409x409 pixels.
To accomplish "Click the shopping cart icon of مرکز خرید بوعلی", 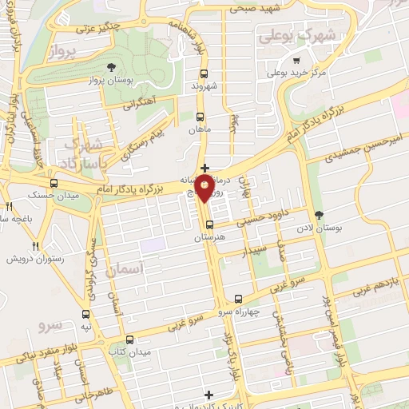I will tap(296, 60).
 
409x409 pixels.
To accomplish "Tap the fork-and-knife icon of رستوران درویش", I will tap(34, 246).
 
